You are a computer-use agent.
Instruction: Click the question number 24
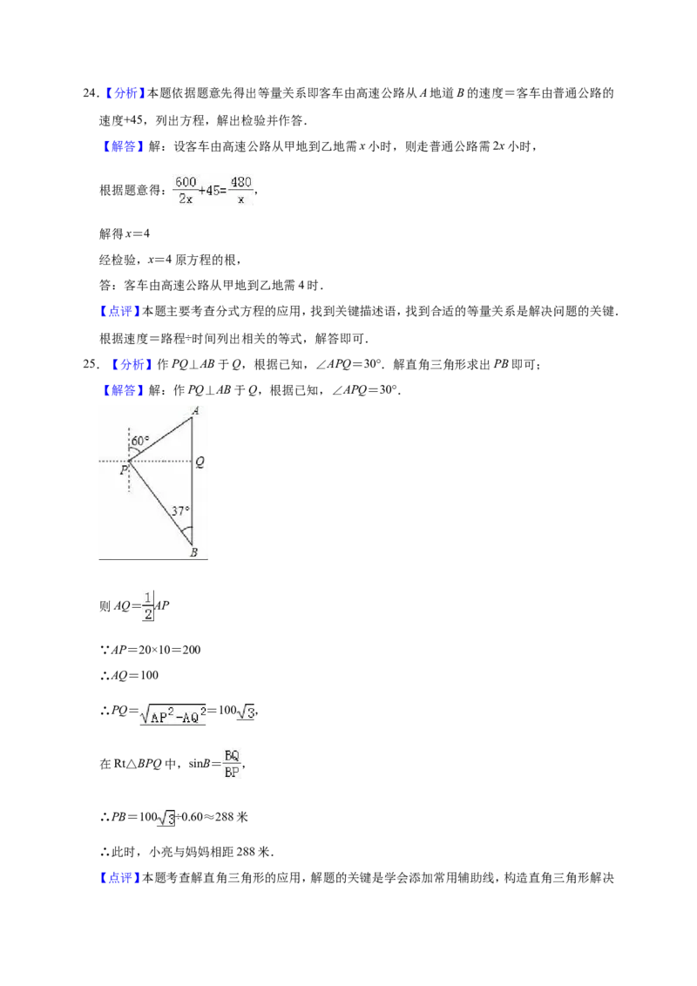pos(91,94)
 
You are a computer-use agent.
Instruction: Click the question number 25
pos(91,365)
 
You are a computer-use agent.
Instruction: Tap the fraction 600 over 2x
pos(186,190)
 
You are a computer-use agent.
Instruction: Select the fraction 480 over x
pos(241,190)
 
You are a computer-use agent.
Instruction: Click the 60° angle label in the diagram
pos(140,441)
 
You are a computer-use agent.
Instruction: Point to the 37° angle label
pos(181,510)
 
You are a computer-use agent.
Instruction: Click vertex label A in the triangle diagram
pos(196,411)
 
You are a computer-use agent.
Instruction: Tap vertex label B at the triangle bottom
pos(193,552)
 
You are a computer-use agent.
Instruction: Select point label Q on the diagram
pos(200,463)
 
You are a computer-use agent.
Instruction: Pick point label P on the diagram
pos(124,469)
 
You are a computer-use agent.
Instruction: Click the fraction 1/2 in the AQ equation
pos(148,605)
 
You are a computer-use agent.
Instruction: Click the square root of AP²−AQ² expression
pos(173,713)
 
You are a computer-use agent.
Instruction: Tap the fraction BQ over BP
pos(232,764)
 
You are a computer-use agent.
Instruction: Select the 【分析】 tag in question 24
pos(123,94)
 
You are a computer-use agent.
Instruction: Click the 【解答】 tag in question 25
pos(122,390)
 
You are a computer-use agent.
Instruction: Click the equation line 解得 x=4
pos(125,234)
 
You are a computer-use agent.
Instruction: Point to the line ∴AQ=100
pos(129,675)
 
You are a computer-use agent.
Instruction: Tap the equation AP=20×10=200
pos(151,650)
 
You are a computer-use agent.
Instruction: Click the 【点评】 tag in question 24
pos(120,311)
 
